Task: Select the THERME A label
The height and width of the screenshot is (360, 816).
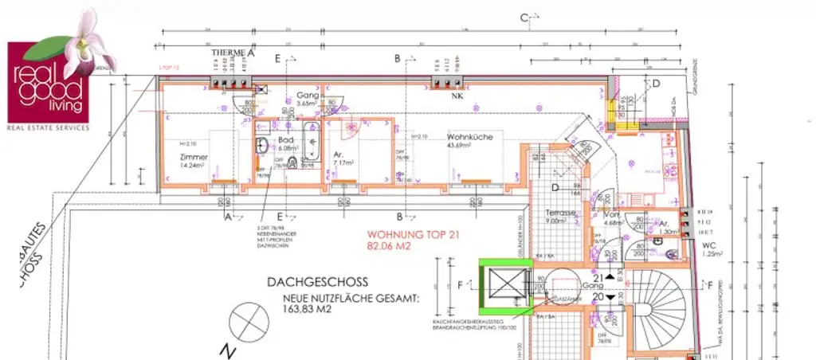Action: [x=232, y=53]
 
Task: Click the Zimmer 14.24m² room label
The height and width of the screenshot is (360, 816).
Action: [x=194, y=162]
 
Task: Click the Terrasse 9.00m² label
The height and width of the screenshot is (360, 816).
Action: [x=562, y=217]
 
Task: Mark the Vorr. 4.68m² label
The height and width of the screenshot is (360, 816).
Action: [x=612, y=220]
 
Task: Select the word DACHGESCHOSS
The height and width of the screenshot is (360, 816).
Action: [x=317, y=281]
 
